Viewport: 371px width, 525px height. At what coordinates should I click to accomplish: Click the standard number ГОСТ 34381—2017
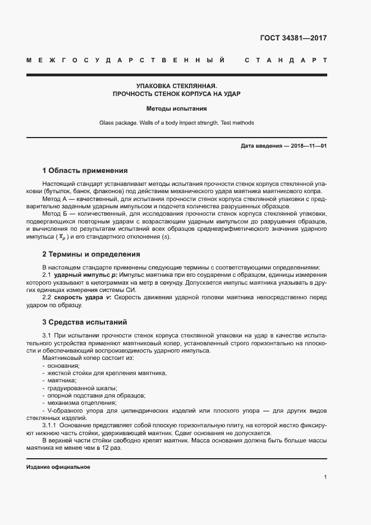click(x=294, y=38)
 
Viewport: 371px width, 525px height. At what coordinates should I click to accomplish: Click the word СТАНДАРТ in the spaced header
click(x=285, y=60)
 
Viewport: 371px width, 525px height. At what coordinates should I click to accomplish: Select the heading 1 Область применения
click(x=85, y=170)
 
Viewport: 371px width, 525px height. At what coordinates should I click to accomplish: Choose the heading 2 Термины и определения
click(x=91, y=254)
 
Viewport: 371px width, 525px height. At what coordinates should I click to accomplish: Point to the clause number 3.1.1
click(x=52, y=426)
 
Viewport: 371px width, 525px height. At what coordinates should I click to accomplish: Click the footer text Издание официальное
click(x=58, y=467)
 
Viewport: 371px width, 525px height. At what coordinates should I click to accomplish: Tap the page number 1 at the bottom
click(x=326, y=477)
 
